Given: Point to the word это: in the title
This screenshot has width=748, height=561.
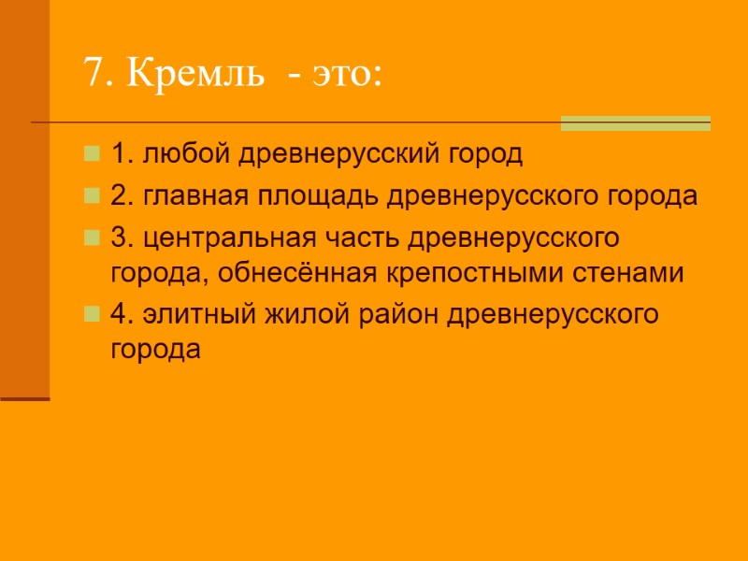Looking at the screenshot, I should point(345,73).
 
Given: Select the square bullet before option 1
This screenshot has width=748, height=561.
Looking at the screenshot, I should point(92,151).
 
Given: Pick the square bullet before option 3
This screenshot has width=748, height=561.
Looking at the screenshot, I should point(92,237).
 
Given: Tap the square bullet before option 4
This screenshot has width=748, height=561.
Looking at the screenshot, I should point(92,314).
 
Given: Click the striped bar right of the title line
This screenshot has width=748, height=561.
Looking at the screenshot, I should point(635,123).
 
